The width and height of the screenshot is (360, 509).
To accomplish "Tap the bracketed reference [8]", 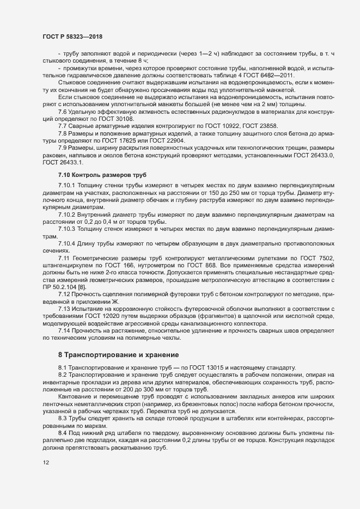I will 81,286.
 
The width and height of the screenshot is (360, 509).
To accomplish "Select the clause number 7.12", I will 65,294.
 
